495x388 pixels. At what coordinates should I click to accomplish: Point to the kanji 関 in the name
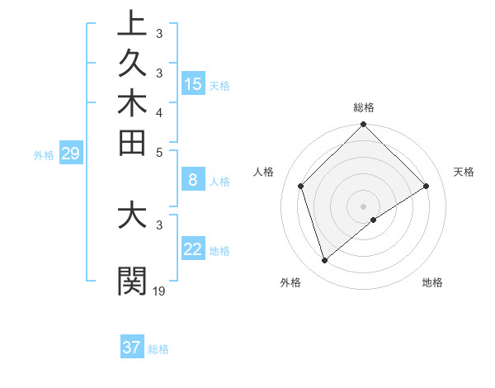[x=132, y=280]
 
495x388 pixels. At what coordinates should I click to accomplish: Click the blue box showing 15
[x=193, y=83]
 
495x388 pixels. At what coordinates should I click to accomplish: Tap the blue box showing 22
[x=193, y=248]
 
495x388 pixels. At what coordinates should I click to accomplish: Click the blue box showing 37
[x=132, y=347]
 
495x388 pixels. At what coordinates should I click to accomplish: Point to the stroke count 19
[x=159, y=291]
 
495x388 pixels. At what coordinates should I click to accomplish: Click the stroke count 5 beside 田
[x=159, y=152]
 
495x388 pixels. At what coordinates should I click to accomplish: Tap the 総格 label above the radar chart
[x=363, y=107]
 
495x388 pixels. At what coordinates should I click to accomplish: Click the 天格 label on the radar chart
[x=464, y=172]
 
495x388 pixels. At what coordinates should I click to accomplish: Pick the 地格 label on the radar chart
[x=432, y=283]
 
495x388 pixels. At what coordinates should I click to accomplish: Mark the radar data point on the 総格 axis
[x=363, y=125]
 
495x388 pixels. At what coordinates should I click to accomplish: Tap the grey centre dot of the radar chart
[x=363, y=206]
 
